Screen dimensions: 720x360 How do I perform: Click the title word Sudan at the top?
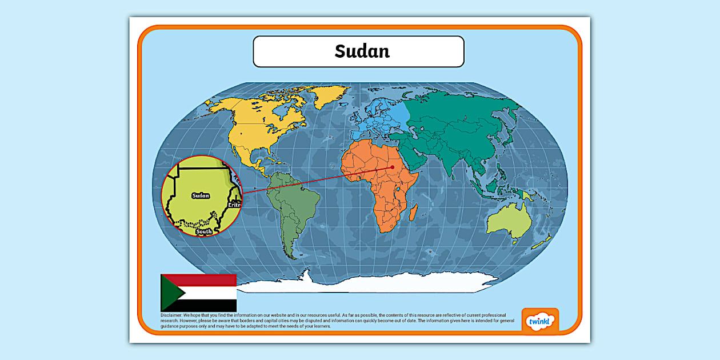[x=362, y=51]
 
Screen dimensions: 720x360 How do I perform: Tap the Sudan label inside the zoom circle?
[x=201, y=195]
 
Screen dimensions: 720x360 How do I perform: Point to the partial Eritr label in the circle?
[x=235, y=205]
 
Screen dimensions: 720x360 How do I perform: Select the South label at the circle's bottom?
[x=203, y=231]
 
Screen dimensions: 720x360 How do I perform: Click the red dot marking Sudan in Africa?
[x=393, y=167]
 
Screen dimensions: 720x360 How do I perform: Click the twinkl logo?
[x=539, y=322]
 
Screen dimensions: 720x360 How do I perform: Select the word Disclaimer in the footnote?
[x=171, y=315]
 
